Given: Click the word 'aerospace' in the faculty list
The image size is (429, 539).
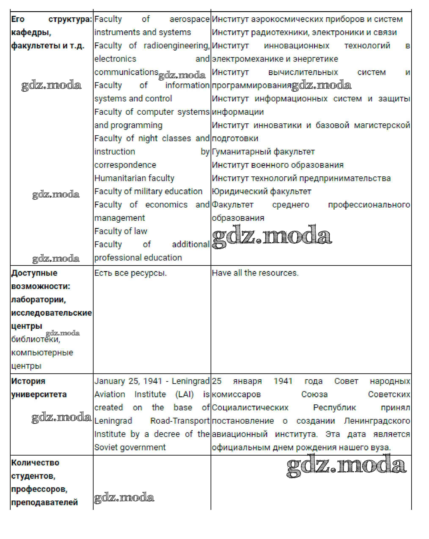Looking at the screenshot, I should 189,19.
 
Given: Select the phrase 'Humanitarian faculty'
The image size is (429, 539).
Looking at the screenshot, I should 134,178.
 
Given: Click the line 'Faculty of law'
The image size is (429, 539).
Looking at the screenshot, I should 121,231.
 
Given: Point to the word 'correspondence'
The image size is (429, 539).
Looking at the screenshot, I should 125,165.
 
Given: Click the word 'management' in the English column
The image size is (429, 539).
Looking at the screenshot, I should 119,218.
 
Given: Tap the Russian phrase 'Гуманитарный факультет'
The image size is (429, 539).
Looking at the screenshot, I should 263,152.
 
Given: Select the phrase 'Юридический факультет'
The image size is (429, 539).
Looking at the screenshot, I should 261,191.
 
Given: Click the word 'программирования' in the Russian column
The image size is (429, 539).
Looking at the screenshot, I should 251,86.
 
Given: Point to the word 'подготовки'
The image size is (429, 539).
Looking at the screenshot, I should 235,138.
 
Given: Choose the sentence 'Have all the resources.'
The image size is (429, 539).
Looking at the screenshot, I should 255,273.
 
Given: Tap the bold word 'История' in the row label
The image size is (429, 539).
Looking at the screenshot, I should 28,381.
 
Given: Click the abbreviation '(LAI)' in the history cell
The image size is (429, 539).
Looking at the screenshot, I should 184,394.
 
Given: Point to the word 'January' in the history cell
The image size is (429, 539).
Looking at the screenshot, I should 109,381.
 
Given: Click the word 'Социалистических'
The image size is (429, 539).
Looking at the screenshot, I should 250,408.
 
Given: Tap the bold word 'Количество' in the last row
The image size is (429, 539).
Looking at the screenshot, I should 35,463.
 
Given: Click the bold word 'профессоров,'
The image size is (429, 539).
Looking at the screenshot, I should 39,489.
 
